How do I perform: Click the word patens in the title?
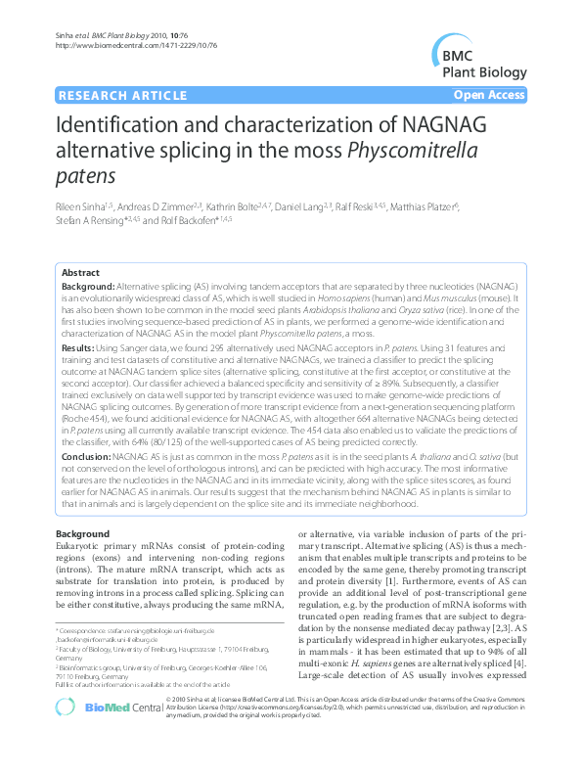coord(87,177)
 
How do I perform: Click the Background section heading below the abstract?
coord(82,533)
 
